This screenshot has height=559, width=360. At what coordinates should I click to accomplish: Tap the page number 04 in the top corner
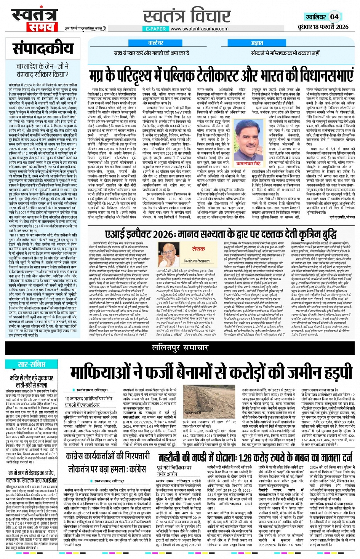pos(334,17)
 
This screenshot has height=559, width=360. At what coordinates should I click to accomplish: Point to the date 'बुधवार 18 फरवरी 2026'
pos(323,27)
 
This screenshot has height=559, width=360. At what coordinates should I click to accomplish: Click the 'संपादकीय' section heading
pos(43,49)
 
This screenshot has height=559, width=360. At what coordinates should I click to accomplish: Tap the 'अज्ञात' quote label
pos(257,43)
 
